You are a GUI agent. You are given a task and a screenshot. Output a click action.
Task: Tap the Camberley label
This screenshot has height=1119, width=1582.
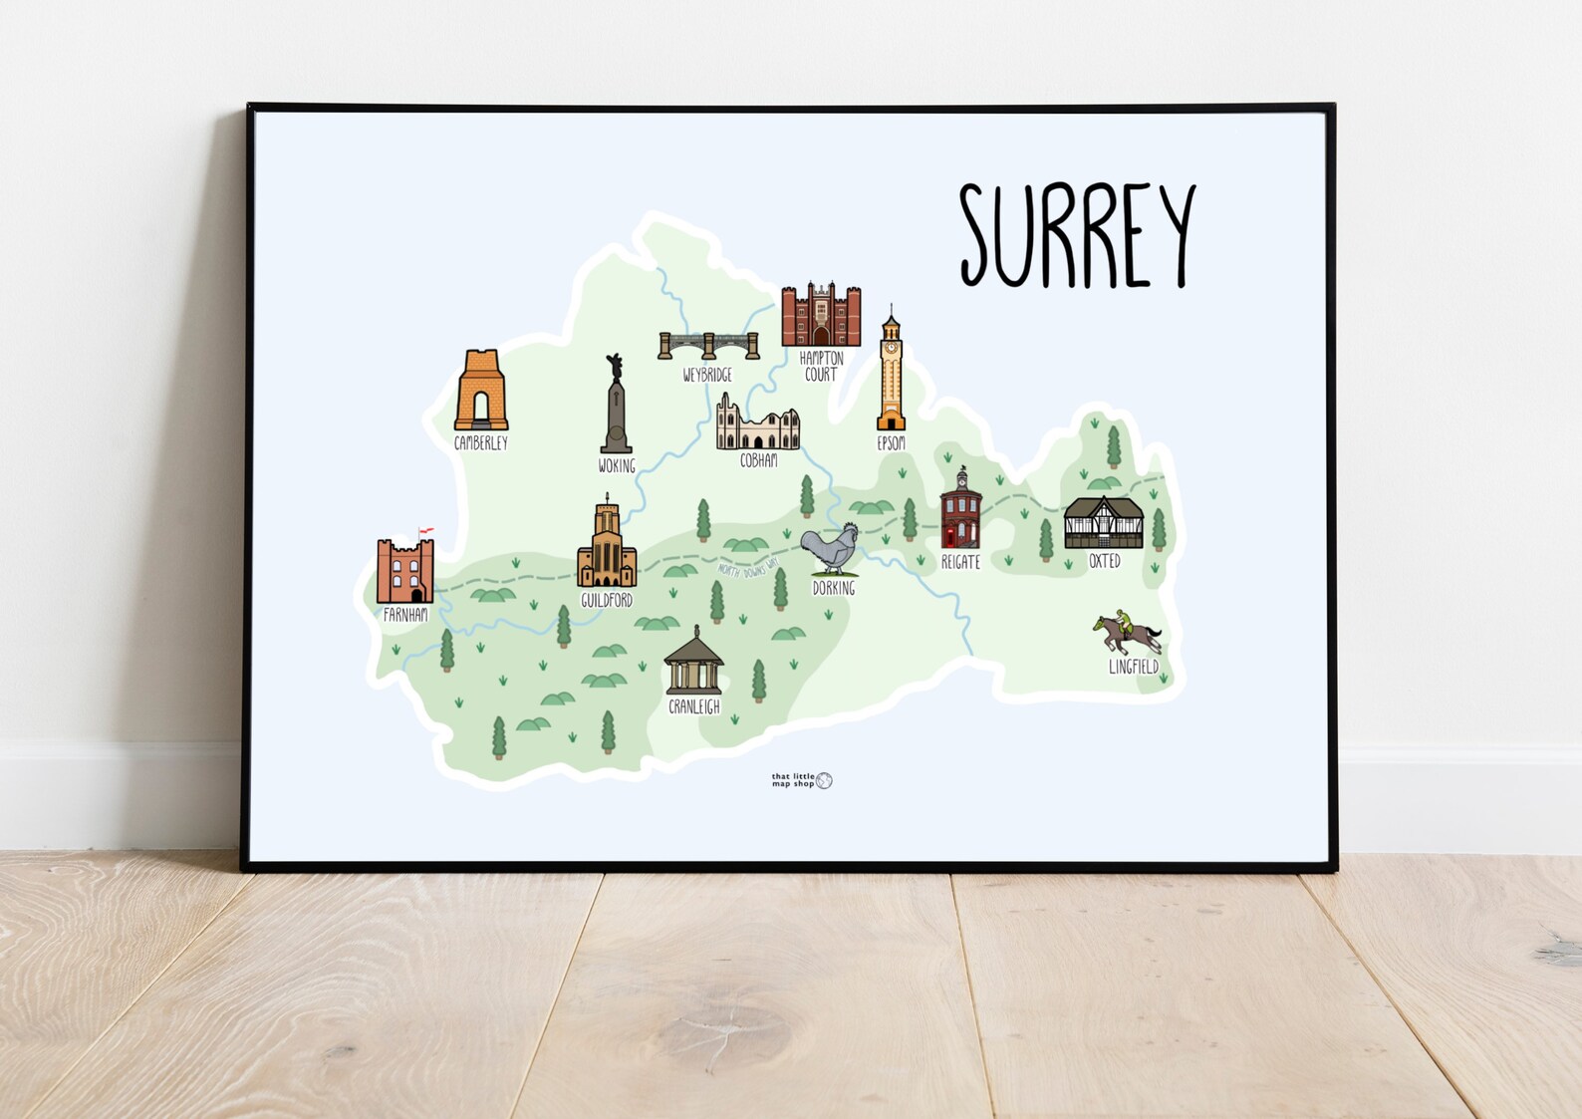(481, 442)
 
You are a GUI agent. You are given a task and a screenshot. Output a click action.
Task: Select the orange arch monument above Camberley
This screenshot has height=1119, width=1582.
(481, 391)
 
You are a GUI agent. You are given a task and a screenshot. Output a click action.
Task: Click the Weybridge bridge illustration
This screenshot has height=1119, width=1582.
(708, 345)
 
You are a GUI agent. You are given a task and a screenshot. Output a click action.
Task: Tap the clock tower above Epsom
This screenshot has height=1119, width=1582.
(891, 372)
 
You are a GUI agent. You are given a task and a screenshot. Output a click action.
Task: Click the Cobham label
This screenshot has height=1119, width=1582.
(758, 460)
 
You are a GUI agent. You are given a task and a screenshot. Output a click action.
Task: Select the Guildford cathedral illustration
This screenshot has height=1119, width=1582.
(607, 545)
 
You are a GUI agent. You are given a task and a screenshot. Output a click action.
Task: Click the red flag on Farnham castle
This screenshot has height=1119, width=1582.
(425, 531)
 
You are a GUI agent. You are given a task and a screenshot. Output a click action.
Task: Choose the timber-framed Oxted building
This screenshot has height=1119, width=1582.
(1103, 523)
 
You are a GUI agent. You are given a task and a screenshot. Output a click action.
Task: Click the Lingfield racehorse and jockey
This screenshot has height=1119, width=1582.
(1127, 634)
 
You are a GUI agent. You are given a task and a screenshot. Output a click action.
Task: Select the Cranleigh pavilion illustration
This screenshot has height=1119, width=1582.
(693, 662)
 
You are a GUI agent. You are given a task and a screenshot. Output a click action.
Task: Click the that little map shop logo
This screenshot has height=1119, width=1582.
(801, 780)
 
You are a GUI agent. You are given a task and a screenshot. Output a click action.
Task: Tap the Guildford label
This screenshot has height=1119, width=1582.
(607, 600)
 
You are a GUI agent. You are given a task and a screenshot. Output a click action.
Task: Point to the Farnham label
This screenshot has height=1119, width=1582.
(405, 615)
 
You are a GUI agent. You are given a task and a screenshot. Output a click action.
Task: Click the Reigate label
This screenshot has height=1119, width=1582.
(960, 562)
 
